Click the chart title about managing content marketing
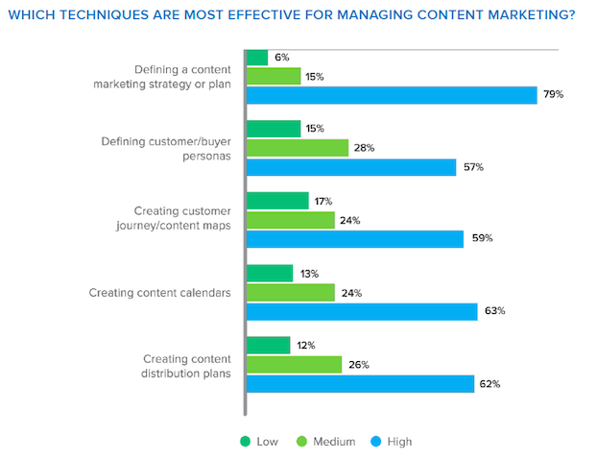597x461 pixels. (x=298, y=15)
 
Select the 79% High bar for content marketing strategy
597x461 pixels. (x=391, y=95)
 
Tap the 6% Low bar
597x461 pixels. (x=257, y=58)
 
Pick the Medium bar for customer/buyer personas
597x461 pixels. (x=298, y=148)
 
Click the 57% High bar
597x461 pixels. (x=351, y=167)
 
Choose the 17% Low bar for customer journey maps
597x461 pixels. (x=277, y=201)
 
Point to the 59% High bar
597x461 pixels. (x=355, y=238)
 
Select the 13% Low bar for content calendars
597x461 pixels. (x=270, y=273)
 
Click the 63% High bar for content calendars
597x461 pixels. (x=362, y=310)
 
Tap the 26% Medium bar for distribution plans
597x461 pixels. (x=294, y=364)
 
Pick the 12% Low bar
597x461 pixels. (x=268, y=345)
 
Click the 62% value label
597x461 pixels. (x=490, y=383)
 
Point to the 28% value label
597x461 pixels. (x=363, y=148)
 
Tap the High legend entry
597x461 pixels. (x=395, y=442)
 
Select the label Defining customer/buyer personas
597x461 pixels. (x=165, y=148)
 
